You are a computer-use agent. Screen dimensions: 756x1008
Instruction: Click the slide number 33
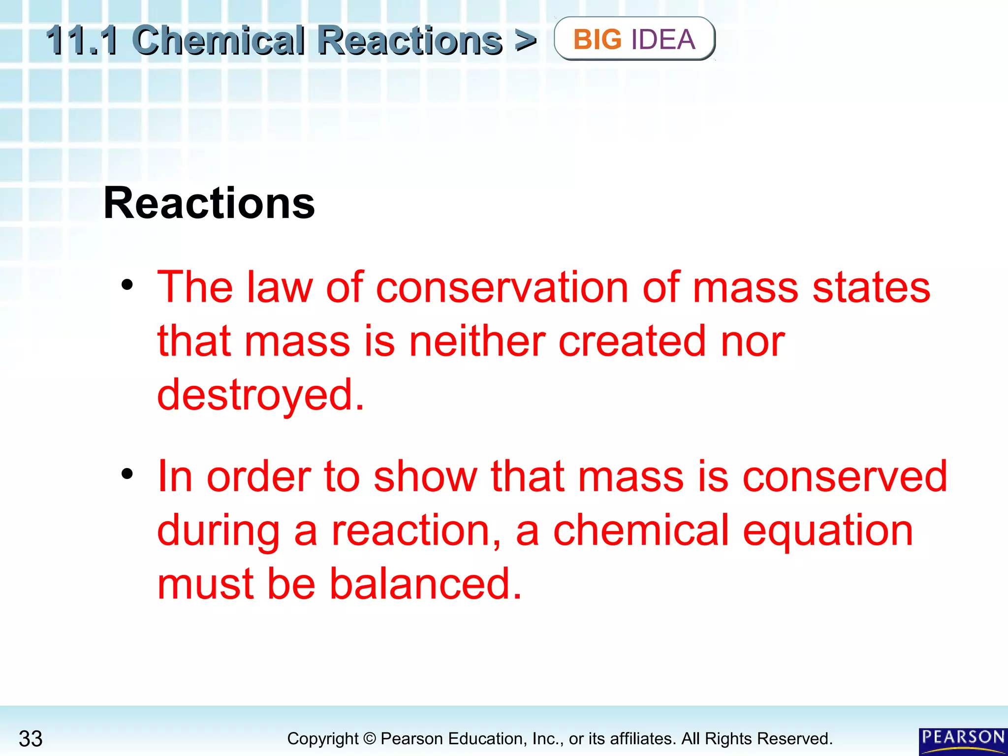pyautogui.click(x=31, y=739)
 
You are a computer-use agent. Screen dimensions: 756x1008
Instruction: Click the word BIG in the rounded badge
pyautogui.click(x=598, y=39)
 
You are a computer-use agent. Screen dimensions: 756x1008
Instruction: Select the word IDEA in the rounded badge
pyautogui.click(x=663, y=39)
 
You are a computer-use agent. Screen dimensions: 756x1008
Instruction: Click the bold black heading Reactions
pyautogui.click(x=209, y=203)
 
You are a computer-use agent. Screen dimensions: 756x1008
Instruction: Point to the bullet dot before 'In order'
pyautogui.click(x=127, y=473)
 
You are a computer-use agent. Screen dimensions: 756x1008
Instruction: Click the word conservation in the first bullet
pyautogui.click(x=503, y=287)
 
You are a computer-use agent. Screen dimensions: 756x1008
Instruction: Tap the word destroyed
pyautogui.click(x=260, y=395)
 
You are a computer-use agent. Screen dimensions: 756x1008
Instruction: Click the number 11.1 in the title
pyautogui.click(x=82, y=40)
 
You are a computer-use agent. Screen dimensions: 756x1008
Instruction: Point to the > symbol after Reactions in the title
pyautogui.click(x=525, y=40)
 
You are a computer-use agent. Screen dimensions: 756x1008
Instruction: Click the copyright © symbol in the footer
pyautogui.click(x=370, y=739)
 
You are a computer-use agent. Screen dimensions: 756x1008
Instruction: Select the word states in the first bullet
pyautogui.click(x=871, y=287)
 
